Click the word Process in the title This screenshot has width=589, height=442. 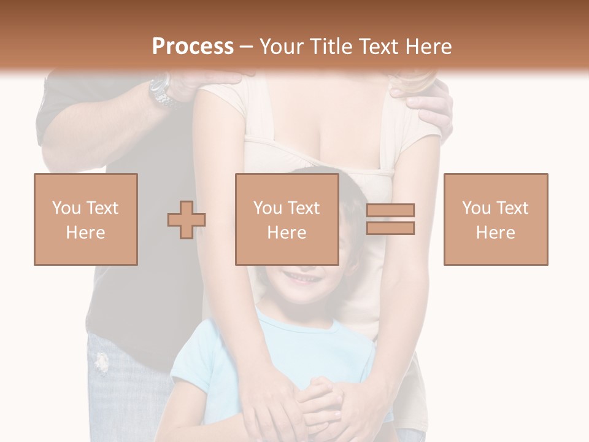tap(193, 47)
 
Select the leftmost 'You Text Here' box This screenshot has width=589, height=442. tap(85, 219)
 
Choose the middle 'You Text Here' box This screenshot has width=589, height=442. tap(287, 219)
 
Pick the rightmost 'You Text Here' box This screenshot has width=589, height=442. tap(495, 219)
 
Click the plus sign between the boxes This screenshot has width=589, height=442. tap(187, 219)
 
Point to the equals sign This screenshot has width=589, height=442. tap(390, 219)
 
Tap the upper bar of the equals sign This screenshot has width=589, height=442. tap(390, 211)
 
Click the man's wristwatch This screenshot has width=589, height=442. tap(160, 90)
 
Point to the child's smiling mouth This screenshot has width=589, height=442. tap(301, 278)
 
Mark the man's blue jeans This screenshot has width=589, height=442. tap(123, 393)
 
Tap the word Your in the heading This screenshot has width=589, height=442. tap(279, 47)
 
